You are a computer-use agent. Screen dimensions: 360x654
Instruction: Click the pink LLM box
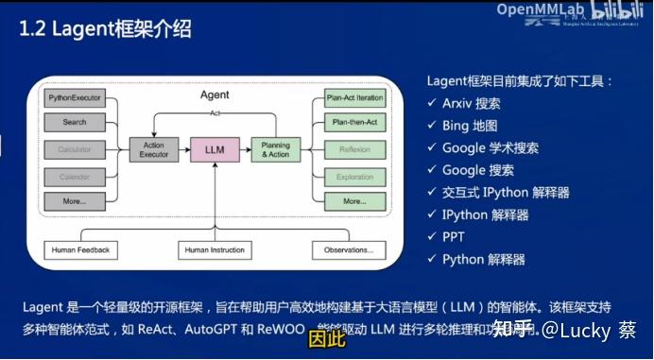pos(214,149)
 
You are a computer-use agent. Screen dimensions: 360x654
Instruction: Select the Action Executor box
pos(153,149)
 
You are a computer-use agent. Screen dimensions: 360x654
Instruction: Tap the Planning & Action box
pos(276,149)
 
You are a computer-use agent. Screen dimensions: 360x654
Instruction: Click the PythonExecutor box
pos(75,98)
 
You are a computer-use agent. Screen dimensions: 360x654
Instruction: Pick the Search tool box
pos(75,122)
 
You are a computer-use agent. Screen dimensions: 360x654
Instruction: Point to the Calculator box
pos(75,149)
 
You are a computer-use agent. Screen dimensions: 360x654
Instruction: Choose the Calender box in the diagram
pos(75,177)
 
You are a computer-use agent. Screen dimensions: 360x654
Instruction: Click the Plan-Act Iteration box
pos(354,98)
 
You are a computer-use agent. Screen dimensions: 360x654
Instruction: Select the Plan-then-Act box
pos(354,123)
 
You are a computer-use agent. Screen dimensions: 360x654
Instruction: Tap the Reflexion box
pos(354,149)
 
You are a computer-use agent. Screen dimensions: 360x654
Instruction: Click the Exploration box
pos(354,177)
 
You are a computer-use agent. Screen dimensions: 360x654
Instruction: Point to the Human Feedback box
pos(77,250)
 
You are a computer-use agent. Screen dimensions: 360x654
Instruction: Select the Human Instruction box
pos(215,250)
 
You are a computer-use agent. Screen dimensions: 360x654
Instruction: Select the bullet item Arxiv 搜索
pos(471,103)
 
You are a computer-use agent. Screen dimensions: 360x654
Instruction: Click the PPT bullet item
pos(455,237)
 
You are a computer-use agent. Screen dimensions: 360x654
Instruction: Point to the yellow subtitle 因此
pos(325,337)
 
